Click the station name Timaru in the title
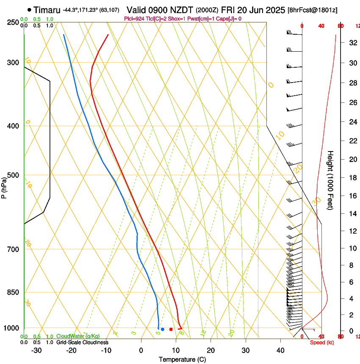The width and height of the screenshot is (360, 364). (46, 9)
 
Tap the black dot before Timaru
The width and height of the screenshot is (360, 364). (29, 9)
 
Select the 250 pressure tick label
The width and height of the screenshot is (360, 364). (13, 22)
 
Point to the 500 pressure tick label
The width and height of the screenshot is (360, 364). (13, 175)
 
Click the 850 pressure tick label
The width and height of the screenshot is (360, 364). (13, 292)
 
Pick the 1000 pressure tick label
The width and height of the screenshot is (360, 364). (11, 328)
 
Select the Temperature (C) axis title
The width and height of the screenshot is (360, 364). (182, 360)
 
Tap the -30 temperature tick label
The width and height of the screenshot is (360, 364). (36, 350)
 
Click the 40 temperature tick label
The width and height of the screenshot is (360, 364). (280, 350)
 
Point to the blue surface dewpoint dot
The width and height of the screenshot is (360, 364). (163, 329)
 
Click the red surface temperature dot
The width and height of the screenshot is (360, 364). (171, 329)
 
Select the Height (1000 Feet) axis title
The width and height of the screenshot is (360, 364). (330, 180)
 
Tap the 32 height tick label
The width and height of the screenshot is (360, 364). (352, 43)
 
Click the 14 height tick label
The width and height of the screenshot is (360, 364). (352, 214)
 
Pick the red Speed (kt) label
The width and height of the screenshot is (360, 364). (321, 342)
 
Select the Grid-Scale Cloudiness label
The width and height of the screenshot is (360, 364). (82, 342)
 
